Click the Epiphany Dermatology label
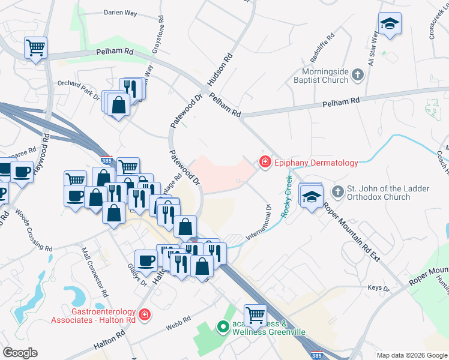tap(316, 163)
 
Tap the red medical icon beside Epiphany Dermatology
tap(264, 162)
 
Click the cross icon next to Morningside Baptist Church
tap(358, 75)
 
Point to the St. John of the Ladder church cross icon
tap(338, 193)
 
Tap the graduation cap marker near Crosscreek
tap(390, 24)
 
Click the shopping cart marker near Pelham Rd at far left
tap(35, 46)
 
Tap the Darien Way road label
tap(121, 12)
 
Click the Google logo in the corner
tap(20, 353)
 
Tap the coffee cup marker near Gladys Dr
tap(146, 260)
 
